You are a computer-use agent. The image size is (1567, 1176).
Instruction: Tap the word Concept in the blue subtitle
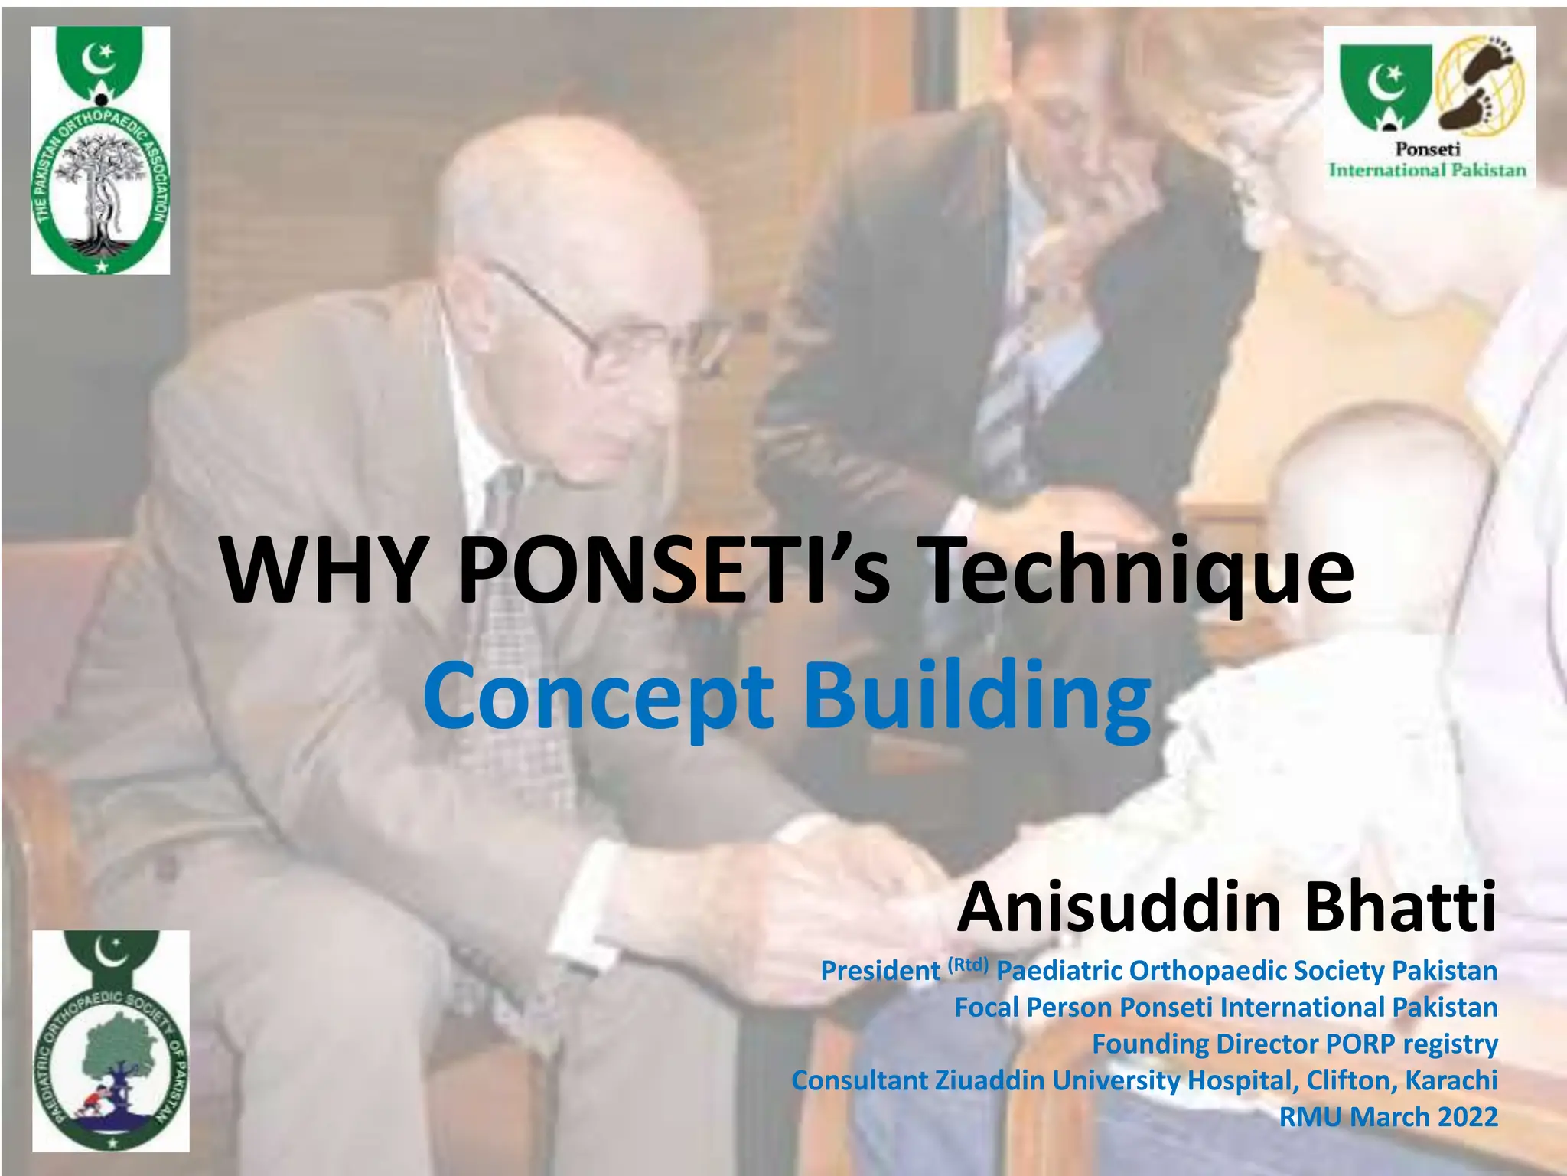(x=598, y=697)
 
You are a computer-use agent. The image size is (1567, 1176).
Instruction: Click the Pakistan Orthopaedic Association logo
(x=100, y=150)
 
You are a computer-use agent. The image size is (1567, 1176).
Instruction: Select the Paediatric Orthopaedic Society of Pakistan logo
(x=111, y=1040)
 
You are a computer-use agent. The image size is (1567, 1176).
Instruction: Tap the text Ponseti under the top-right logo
(x=1428, y=149)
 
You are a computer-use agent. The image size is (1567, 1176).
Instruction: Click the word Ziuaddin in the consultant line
(x=990, y=1080)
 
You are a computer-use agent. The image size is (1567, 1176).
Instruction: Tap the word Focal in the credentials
(x=986, y=1007)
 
